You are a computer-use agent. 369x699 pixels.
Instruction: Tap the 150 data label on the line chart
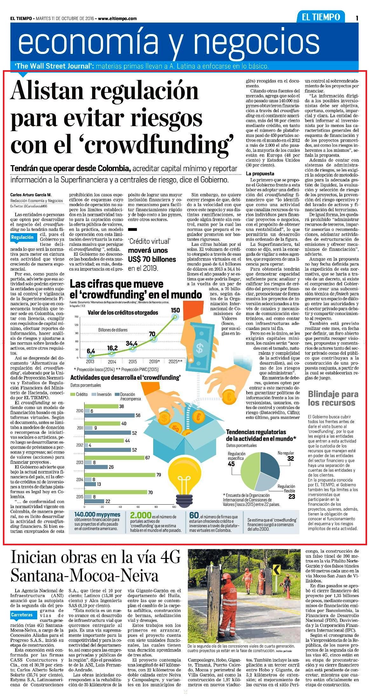(x=175, y=310)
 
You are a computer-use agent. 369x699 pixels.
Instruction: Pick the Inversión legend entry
(x=102, y=394)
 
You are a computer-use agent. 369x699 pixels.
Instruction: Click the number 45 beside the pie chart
(x=231, y=464)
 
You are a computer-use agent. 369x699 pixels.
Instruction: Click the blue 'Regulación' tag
(x=22, y=237)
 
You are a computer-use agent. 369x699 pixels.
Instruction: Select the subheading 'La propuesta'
(x=260, y=174)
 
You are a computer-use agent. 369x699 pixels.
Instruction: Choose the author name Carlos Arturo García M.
(x=31, y=195)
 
